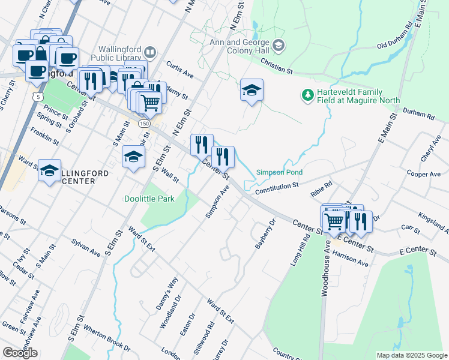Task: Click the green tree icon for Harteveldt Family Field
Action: [x=307, y=95]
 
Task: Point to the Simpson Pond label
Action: [x=279, y=172]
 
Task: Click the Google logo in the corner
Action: [x=20, y=353]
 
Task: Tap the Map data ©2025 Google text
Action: [x=411, y=355]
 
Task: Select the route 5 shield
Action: [x=38, y=96]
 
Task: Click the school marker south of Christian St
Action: [x=252, y=91]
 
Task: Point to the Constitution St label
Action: [x=277, y=188]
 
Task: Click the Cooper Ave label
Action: [x=424, y=173]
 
